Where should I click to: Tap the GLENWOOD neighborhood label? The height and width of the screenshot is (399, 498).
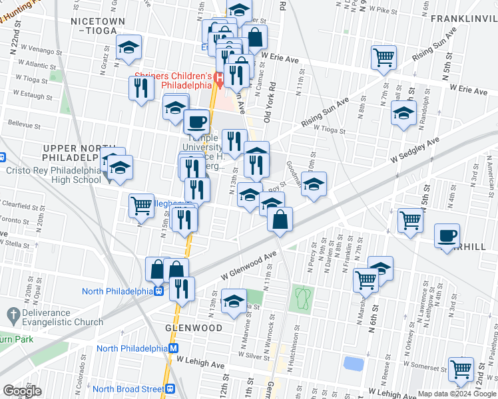tap(194, 328)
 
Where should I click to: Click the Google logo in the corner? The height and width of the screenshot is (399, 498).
tap(22, 391)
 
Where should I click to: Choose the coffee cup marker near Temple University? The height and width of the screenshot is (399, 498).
tap(196, 122)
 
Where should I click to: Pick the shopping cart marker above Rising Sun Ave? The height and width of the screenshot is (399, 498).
tap(383, 58)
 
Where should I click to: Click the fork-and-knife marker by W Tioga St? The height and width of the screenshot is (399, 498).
tap(140, 88)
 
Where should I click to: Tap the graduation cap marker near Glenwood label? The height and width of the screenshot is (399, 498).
tap(234, 301)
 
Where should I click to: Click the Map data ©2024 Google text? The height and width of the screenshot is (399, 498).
tap(457, 394)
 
